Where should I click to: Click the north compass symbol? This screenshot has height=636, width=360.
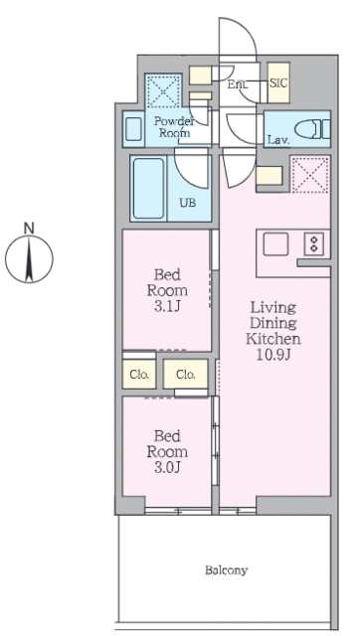(x=29, y=258)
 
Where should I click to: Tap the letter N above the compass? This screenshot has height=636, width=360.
(x=29, y=229)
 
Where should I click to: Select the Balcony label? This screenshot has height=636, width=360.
(x=226, y=570)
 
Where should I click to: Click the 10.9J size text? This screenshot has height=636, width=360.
(x=273, y=355)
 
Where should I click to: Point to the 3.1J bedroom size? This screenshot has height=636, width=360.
(x=167, y=306)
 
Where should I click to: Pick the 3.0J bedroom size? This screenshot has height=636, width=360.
(x=167, y=468)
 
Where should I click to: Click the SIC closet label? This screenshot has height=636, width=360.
(x=278, y=83)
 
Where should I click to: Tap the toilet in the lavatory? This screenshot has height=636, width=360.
(x=312, y=130)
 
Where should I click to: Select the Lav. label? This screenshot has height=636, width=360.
(x=278, y=141)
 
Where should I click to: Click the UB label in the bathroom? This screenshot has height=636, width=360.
(x=188, y=202)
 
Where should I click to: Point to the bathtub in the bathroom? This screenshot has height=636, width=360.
(x=148, y=189)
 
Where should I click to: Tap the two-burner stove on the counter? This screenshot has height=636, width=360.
(x=314, y=243)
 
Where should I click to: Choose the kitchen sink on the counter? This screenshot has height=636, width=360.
(x=275, y=244)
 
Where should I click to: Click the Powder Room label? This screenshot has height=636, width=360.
(x=174, y=126)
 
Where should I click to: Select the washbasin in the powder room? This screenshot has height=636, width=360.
(x=133, y=129)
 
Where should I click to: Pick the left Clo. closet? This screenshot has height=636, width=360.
(x=139, y=374)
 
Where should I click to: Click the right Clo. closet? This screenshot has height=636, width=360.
(x=186, y=374)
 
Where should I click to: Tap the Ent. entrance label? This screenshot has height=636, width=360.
(x=236, y=84)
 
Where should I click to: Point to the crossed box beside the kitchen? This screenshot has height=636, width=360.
(x=310, y=175)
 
